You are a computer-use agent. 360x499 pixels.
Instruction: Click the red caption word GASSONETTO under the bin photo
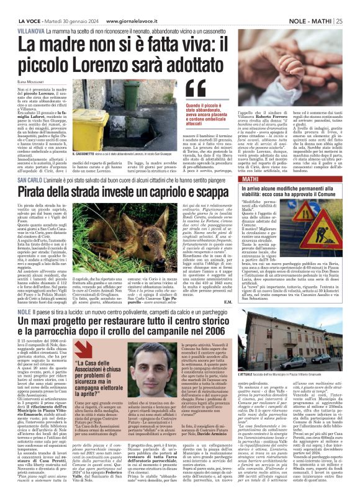[x=92, y=153]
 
